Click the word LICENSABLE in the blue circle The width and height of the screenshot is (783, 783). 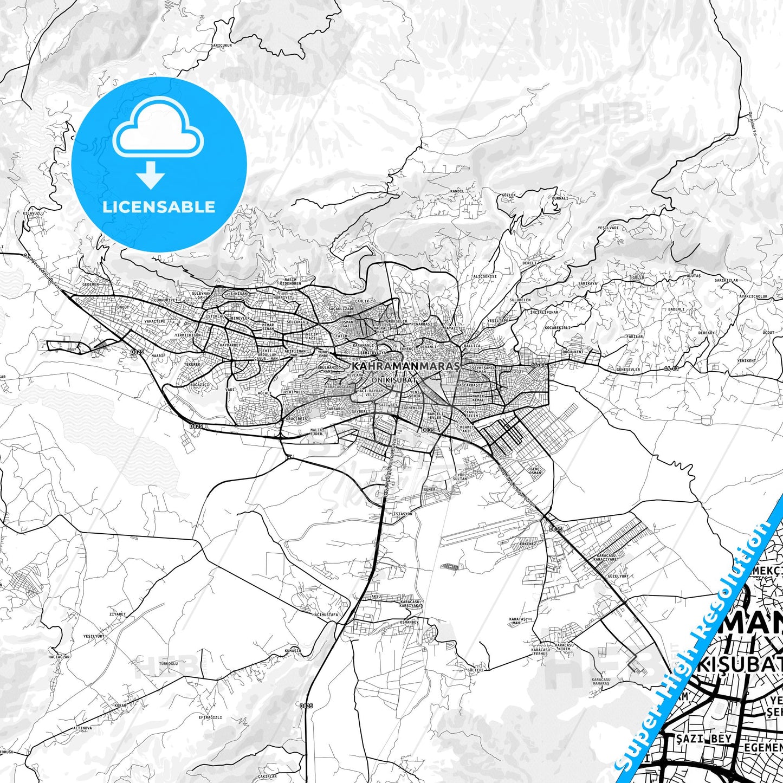[x=159, y=206]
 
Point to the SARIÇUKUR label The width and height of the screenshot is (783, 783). [x=222, y=46]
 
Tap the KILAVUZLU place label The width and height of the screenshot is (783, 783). [x=33, y=213]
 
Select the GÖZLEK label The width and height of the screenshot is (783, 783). [x=509, y=195]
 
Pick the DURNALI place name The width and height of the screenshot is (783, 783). [x=560, y=198]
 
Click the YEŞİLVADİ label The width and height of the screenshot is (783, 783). [x=607, y=228]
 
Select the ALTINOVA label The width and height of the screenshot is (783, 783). [x=82, y=728]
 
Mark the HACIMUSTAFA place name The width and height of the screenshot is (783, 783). [x=325, y=615]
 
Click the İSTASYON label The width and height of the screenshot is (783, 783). [x=403, y=514]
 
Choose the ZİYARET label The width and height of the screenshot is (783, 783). [x=117, y=614]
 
